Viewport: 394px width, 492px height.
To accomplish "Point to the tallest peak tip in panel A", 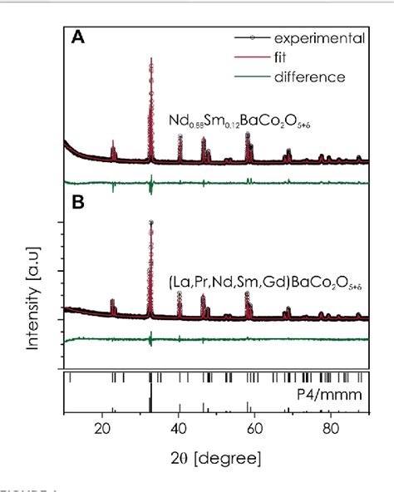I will [150, 59].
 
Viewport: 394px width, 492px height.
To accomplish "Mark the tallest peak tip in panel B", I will [150, 222].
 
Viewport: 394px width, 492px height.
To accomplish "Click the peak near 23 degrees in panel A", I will [113, 143].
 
